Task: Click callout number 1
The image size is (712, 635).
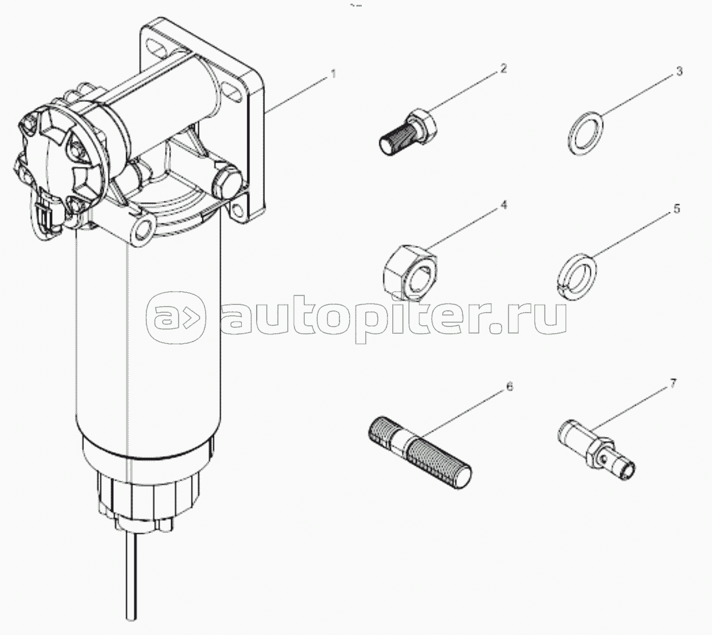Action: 334,74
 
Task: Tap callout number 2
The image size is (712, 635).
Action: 503,68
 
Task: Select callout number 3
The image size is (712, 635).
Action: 679,72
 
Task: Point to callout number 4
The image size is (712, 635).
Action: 503,205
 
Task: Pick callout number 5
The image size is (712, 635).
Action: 677,209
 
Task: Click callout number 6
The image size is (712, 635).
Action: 510,387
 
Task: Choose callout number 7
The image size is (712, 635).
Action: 673,384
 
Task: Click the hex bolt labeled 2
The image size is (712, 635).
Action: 408,133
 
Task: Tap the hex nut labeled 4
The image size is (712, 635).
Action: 410,272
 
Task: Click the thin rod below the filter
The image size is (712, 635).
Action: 131,576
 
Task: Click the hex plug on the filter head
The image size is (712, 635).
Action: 227,182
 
